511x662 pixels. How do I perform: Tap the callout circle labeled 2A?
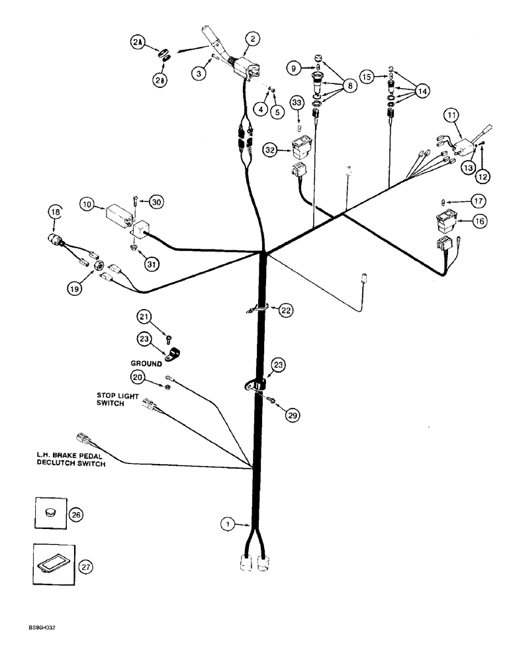click(x=137, y=42)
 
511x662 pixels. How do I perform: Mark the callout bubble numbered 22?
click(x=285, y=310)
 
